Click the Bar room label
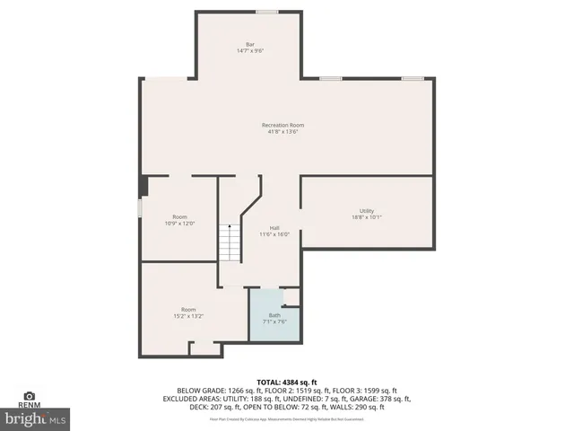[250, 44]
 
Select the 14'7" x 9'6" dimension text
[250, 51]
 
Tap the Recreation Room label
[283, 125]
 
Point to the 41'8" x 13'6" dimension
[283, 132]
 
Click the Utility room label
[366, 210]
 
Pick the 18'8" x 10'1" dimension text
[366, 217]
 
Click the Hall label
[274, 227]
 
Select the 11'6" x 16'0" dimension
[274, 234]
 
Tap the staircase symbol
[230, 242]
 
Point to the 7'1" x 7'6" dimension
[274, 321]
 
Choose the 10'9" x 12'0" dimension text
[179, 224]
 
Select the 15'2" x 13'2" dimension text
[188, 316]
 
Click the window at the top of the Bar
[265, 12]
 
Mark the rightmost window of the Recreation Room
[412, 78]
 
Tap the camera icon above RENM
[29, 395]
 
